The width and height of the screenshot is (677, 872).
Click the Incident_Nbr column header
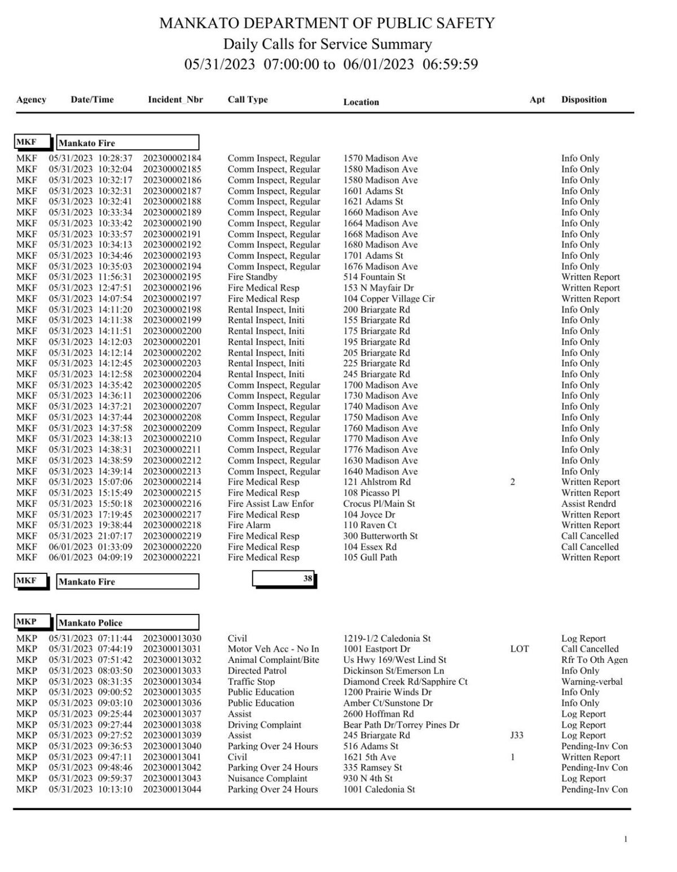tap(175, 100)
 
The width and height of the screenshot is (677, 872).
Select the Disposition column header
tap(583, 100)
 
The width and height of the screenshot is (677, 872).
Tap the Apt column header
tap(537, 100)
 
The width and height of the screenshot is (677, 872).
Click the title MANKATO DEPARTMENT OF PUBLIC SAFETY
tap(327, 23)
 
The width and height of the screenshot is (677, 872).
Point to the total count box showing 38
tap(284, 578)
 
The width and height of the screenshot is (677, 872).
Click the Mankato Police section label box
tap(128, 622)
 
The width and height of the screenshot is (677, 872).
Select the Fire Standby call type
tap(252, 277)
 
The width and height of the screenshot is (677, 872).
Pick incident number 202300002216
tap(172, 503)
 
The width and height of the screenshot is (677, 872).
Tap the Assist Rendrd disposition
tap(588, 503)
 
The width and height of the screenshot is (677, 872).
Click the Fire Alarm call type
tap(249, 525)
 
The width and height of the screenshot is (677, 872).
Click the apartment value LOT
tap(519, 649)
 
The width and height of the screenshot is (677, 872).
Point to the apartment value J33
tap(516, 735)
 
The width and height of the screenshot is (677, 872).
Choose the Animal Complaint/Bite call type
tap(273, 659)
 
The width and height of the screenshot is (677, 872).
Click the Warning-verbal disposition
tap(591, 681)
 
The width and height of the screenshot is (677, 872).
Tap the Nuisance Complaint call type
tap(267, 778)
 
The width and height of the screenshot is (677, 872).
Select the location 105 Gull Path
tap(370, 557)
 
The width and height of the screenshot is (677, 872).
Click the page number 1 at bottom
tap(625, 839)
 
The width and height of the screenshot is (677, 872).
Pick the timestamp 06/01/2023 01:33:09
tap(90, 547)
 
